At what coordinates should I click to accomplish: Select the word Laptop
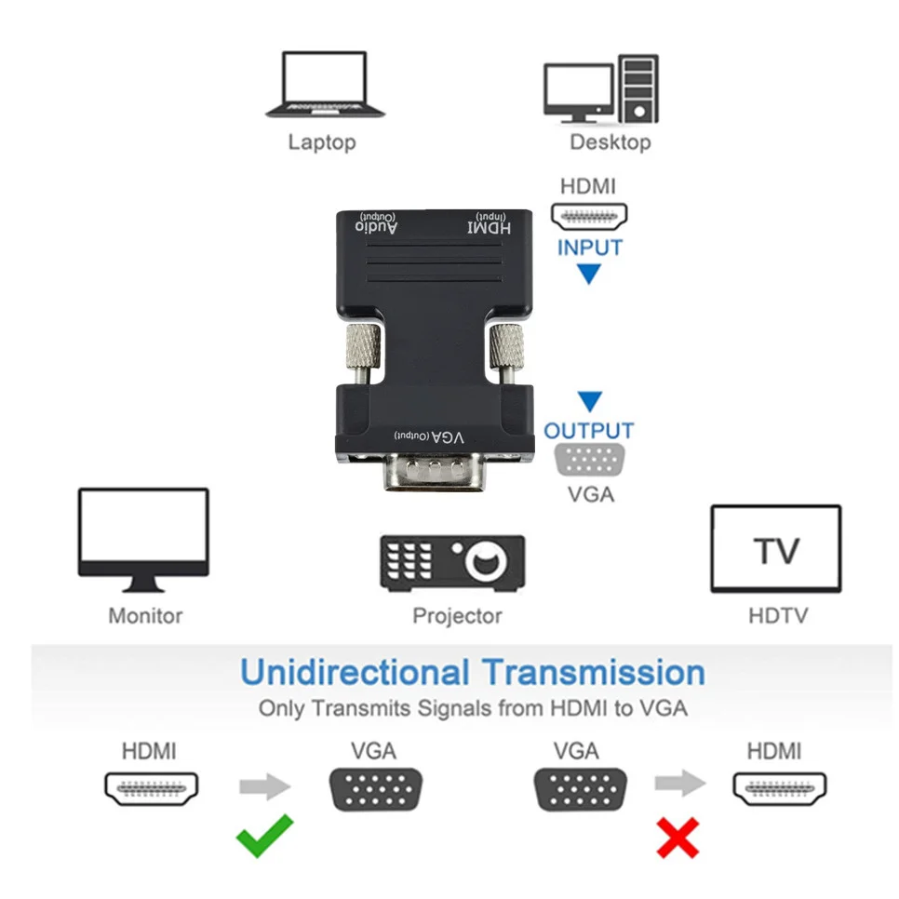(x=321, y=142)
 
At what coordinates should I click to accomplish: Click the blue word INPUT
(x=590, y=248)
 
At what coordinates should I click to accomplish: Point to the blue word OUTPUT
(x=589, y=431)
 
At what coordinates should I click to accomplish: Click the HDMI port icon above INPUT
(x=590, y=217)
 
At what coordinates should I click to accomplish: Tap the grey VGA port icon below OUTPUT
(x=590, y=461)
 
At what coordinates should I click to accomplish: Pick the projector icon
(x=452, y=561)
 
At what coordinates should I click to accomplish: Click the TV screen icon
(x=776, y=549)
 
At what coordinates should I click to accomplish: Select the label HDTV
(x=778, y=615)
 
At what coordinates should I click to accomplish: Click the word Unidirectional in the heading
(x=355, y=672)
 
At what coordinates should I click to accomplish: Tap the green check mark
(x=264, y=835)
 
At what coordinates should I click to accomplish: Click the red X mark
(x=678, y=837)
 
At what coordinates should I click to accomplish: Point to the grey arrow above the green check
(x=265, y=787)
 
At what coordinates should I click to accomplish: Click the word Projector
(x=457, y=615)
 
